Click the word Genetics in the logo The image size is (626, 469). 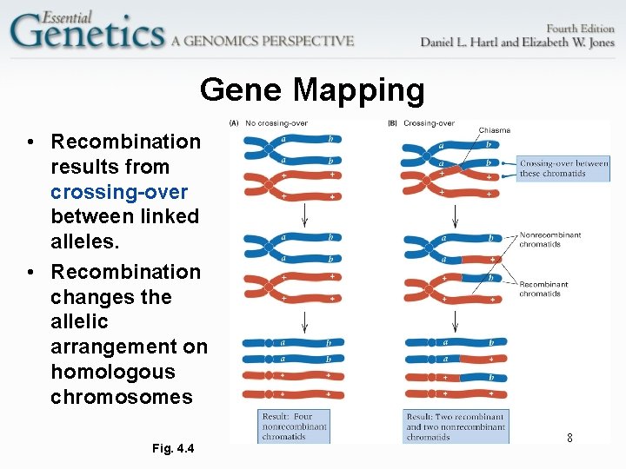pyautogui.click(x=87, y=33)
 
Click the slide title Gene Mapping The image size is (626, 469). pyautogui.click(x=312, y=89)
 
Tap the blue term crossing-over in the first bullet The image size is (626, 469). pyautogui.click(x=119, y=191)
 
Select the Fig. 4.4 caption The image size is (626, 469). pyautogui.click(x=173, y=448)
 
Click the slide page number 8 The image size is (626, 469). pyautogui.click(x=569, y=438)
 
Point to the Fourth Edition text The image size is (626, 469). pyautogui.click(x=579, y=27)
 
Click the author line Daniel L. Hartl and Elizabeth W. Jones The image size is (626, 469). pyautogui.click(x=516, y=42)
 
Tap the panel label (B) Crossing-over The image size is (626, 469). pyautogui.click(x=421, y=123)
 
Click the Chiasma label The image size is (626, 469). pyautogui.click(x=494, y=130)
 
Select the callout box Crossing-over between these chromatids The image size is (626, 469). pyautogui.click(x=563, y=168)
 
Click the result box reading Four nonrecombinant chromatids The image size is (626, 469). pyautogui.click(x=295, y=426)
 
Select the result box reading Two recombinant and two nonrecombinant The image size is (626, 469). pyautogui.click(x=455, y=426)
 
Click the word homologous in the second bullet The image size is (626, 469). pyautogui.click(x=112, y=372)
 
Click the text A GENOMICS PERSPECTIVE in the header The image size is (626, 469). pyautogui.click(x=263, y=41)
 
